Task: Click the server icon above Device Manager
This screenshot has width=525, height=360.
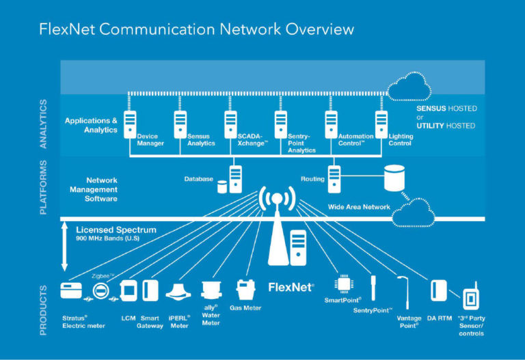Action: coord(130,123)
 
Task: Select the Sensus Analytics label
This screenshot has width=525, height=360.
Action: coord(201,140)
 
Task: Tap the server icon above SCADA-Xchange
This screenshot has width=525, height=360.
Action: coord(230,123)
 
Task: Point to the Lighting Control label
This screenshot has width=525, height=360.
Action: coord(401,140)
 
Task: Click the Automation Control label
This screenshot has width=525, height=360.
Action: coord(355,140)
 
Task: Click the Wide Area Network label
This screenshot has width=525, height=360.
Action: coord(359,206)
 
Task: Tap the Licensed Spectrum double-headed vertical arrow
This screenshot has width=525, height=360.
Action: coord(65,246)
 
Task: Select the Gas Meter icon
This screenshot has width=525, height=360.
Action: coord(244,289)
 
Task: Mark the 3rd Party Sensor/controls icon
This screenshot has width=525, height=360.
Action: coord(471,299)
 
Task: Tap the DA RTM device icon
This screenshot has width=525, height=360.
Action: coord(438,290)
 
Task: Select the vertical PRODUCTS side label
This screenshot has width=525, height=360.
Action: coord(43,310)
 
